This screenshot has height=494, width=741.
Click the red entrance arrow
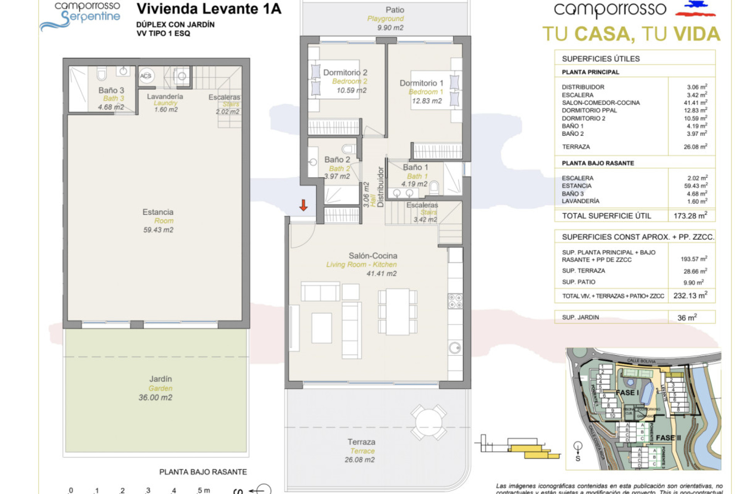pos(303,205)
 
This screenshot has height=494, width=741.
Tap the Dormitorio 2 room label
pos(345,73)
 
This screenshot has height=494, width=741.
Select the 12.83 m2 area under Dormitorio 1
pos(426,101)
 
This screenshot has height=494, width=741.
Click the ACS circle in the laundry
pos(146,76)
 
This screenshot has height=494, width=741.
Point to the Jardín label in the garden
pos(161,379)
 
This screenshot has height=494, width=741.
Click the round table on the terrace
pos(428,422)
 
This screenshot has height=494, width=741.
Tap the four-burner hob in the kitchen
pos(455,301)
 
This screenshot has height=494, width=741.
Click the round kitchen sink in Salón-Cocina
pos(455,348)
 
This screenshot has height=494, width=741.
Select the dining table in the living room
pos(398,311)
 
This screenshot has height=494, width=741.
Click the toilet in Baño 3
pos(102,74)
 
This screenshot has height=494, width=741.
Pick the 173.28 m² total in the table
pos(690,216)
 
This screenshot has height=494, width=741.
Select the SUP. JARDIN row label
pos(580,317)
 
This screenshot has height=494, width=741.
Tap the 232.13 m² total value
pos(690,296)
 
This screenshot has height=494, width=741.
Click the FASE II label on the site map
pos(668,438)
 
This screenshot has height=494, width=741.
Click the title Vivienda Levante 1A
pos(209,9)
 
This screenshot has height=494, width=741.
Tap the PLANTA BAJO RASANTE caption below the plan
pos(203,472)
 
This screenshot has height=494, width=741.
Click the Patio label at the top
pos(395,10)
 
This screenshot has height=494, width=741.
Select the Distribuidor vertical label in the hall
pos(381,187)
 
